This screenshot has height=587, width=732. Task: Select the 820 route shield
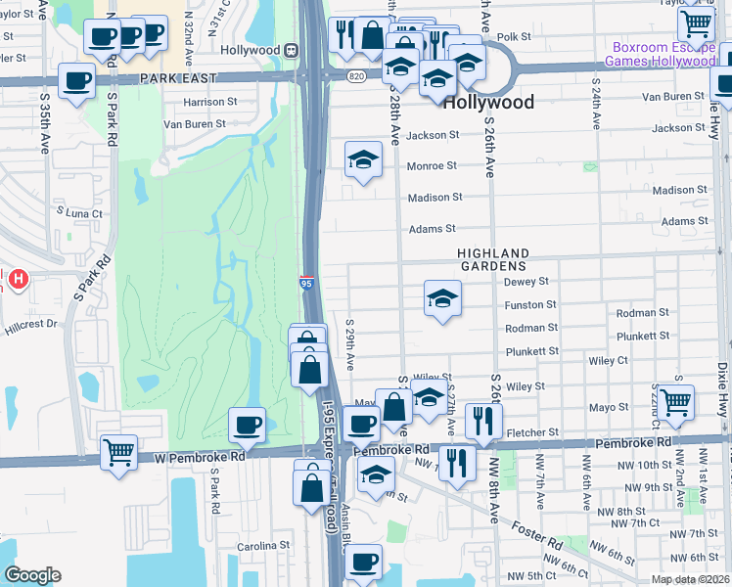(x=356, y=74)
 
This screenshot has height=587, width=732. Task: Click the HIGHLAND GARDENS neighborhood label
(x=494, y=259)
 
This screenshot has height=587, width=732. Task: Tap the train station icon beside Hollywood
(x=292, y=50)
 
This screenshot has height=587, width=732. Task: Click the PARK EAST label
(x=176, y=77)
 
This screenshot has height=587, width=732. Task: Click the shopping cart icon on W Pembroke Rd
(x=118, y=452)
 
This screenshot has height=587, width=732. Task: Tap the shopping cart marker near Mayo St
(x=675, y=401)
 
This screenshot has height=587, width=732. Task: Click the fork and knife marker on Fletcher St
(x=483, y=420)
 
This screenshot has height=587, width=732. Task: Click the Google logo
(x=32, y=576)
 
